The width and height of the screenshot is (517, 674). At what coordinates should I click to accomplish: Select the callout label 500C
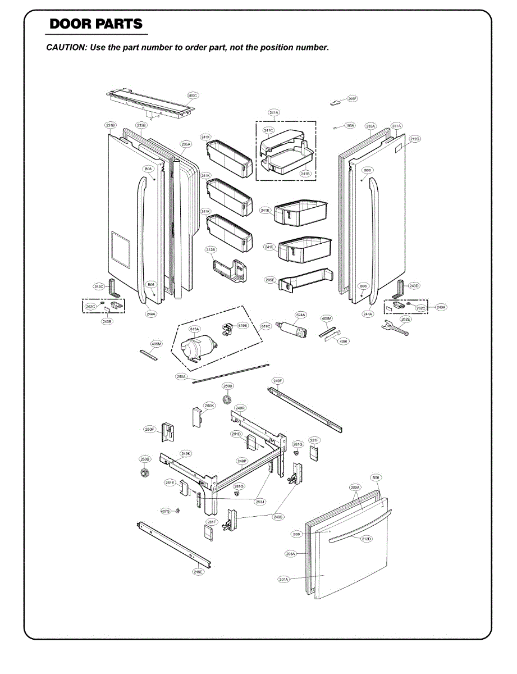click(193, 96)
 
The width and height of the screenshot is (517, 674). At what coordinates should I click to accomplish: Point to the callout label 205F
click(353, 99)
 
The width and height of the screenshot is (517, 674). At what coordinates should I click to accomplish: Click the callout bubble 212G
click(415, 138)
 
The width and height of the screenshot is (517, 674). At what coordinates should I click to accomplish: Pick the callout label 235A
click(186, 144)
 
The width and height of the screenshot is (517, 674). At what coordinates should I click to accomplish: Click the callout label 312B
click(211, 249)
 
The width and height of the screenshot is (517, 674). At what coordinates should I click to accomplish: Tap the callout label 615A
click(194, 329)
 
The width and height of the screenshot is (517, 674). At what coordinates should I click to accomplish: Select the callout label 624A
click(301, 315)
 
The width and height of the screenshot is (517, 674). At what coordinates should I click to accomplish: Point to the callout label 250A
click(181, 377)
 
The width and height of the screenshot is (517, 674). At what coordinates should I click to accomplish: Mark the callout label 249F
click(277, 381)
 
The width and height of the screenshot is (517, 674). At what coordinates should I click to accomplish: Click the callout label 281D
click(236, 434)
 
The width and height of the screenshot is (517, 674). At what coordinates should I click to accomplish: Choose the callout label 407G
click(165, 511)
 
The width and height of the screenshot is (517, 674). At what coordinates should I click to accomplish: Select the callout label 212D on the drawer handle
click(367, 539)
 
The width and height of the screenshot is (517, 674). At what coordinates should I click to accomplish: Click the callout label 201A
click(283, 579)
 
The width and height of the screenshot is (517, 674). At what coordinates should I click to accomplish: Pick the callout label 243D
click(414, 286)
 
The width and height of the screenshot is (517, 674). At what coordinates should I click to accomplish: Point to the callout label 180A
click(349, 126)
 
